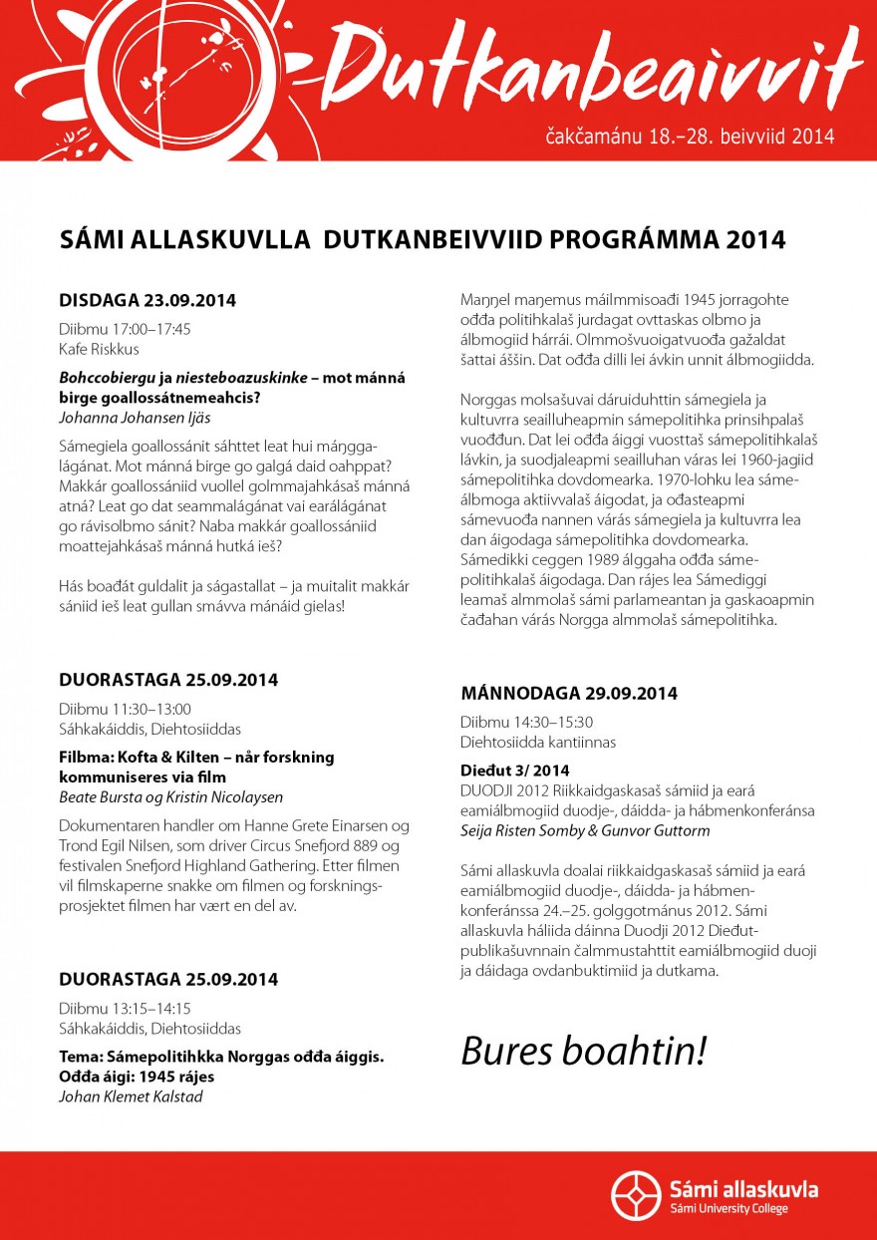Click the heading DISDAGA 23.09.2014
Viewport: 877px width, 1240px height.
[147, 300]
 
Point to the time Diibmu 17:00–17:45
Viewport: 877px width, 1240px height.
[125, 329]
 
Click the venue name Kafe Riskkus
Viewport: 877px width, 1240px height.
[99, 349]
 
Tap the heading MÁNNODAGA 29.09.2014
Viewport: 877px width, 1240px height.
[569, 693]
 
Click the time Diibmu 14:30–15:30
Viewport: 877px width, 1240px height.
[526, 722]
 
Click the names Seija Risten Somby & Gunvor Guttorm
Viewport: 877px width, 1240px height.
[586, 829]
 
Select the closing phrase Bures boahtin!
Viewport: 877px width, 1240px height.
[583, 1051]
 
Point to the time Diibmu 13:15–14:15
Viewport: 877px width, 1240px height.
[125, 1008]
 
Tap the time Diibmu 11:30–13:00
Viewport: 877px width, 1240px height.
[125, 709]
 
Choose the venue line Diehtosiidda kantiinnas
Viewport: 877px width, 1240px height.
[538, 742]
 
